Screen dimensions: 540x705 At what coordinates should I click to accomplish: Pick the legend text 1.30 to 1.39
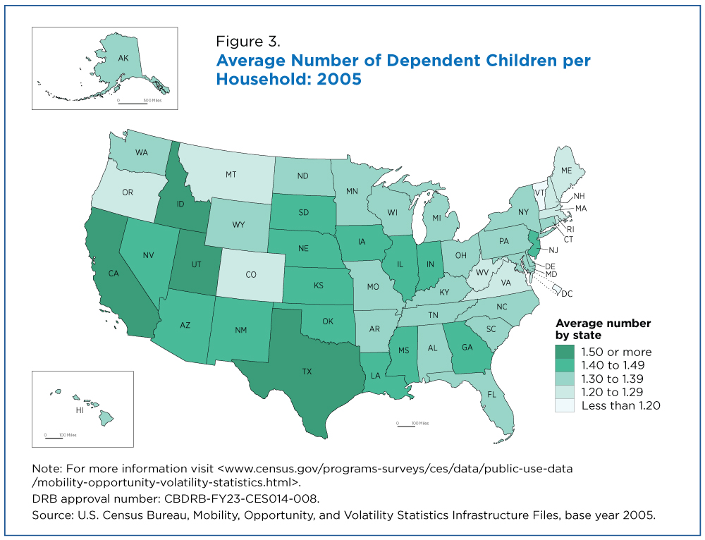(x=612, y=379)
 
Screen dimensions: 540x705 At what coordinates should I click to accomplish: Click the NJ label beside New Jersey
(x=555, y=250)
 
